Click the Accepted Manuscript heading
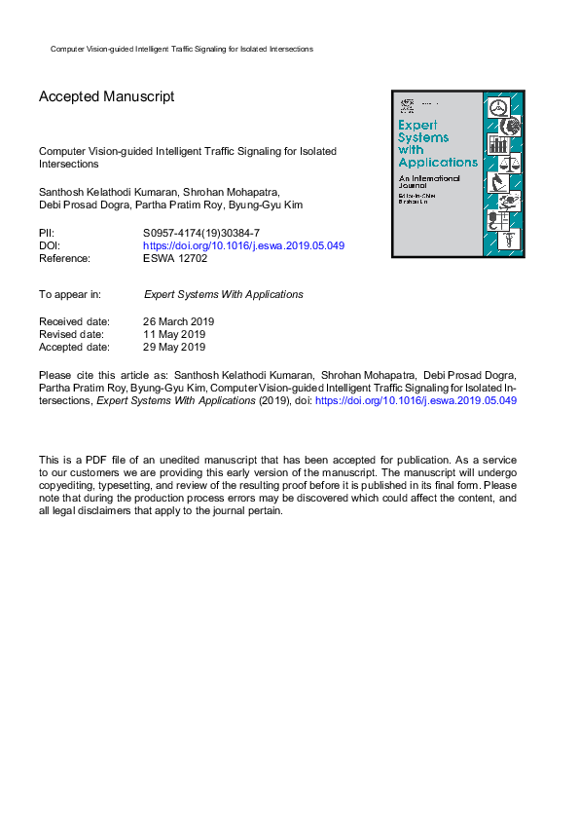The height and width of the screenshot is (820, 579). [x=106, y=97]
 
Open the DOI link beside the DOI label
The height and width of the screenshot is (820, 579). [x=243, y=246]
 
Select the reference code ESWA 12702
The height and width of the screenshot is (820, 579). [x=175, y=258]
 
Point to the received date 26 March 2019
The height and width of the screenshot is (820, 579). [x=178, y=321]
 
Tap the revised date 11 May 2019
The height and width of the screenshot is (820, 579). [x=174, y=334]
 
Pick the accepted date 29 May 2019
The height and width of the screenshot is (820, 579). [x=174, y=346]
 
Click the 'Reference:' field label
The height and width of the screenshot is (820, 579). [x=64, y=258]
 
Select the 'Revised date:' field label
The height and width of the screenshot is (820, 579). [x=73, y=334]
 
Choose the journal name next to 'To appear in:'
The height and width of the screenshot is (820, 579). [x=223, y=294]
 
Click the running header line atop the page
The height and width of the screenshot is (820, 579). [x=181, y=49]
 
